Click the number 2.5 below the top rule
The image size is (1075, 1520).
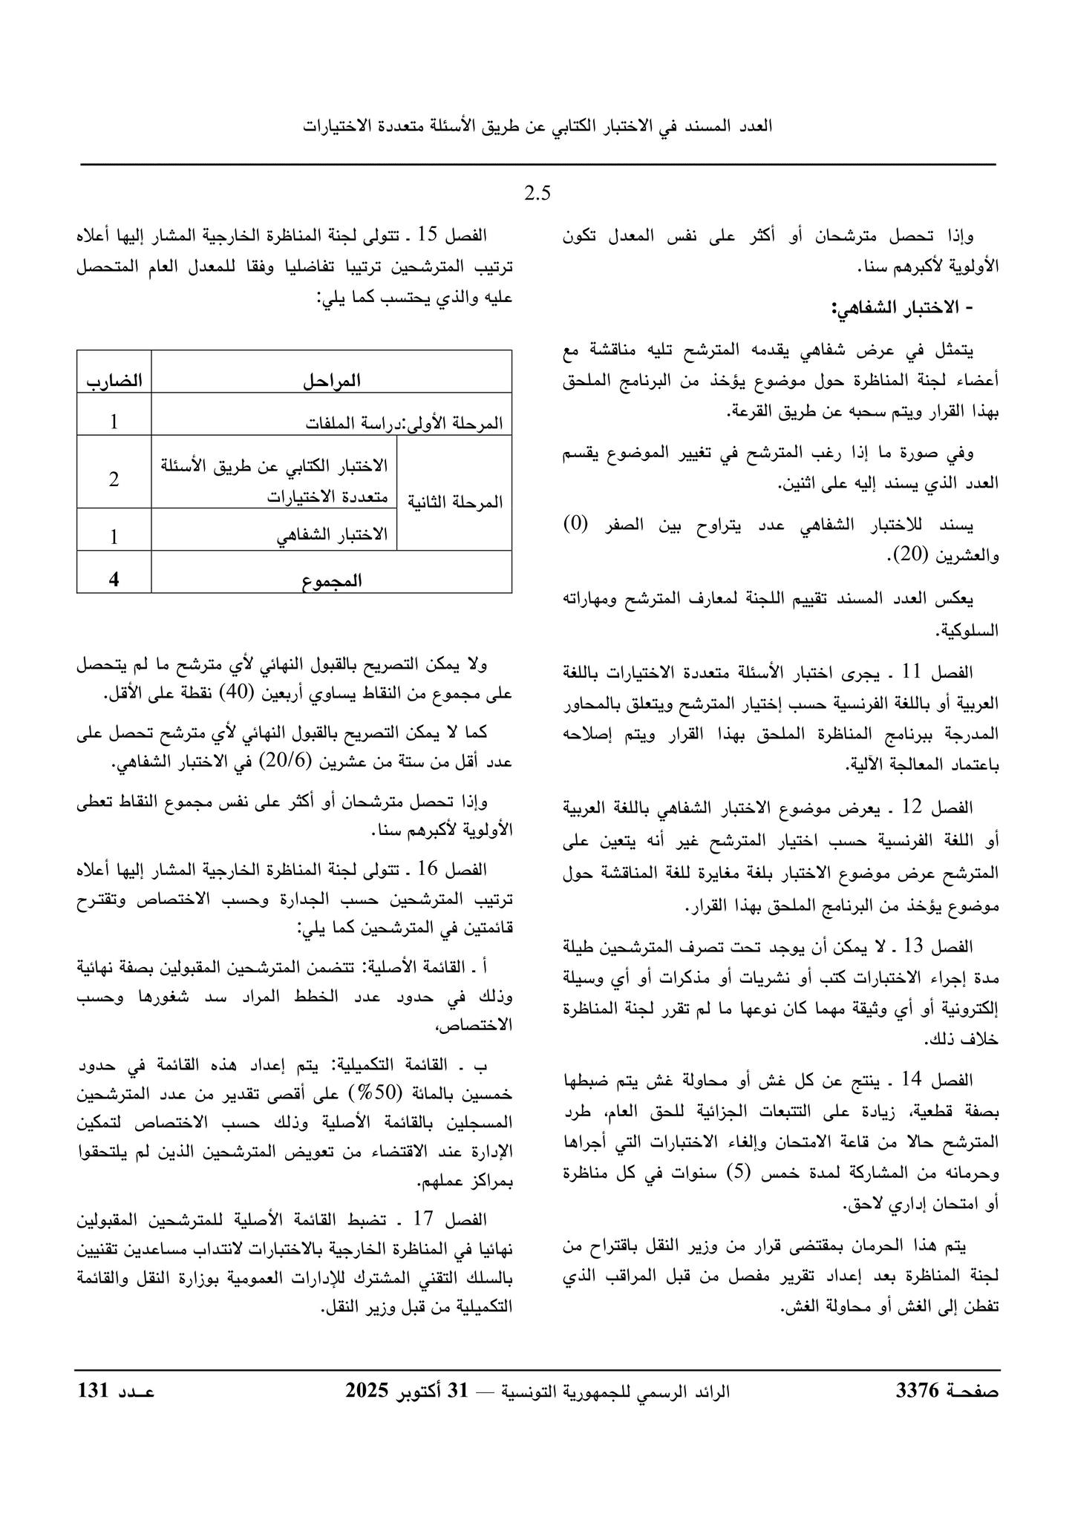tap(537, 194)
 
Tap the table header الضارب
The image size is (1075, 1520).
tap(114, 381)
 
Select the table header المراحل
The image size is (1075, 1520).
tap(331, 381)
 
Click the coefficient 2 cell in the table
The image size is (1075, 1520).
tap(114, 479)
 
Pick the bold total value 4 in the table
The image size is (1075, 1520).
tap(114, 580)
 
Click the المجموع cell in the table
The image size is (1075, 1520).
tap(331, 580)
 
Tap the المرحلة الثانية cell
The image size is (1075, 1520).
tap(455, 502)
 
